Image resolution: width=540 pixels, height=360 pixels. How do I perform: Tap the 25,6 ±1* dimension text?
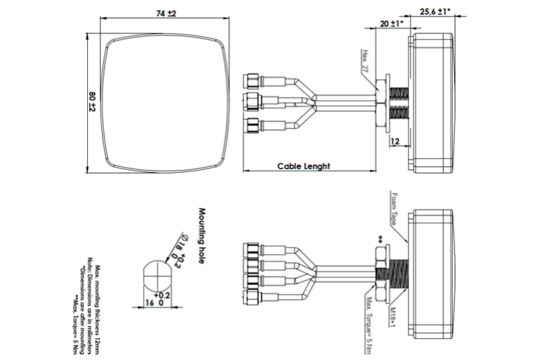pyautogui.click(x=434, y=12)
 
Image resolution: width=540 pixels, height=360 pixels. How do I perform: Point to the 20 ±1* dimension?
pyautogui.click(x=391, y=24)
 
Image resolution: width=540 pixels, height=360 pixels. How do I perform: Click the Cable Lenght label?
pyautogui.click(x=303, y=166)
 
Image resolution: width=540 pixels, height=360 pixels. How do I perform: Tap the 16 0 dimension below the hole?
pyautogui.click(x=153, y=303)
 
